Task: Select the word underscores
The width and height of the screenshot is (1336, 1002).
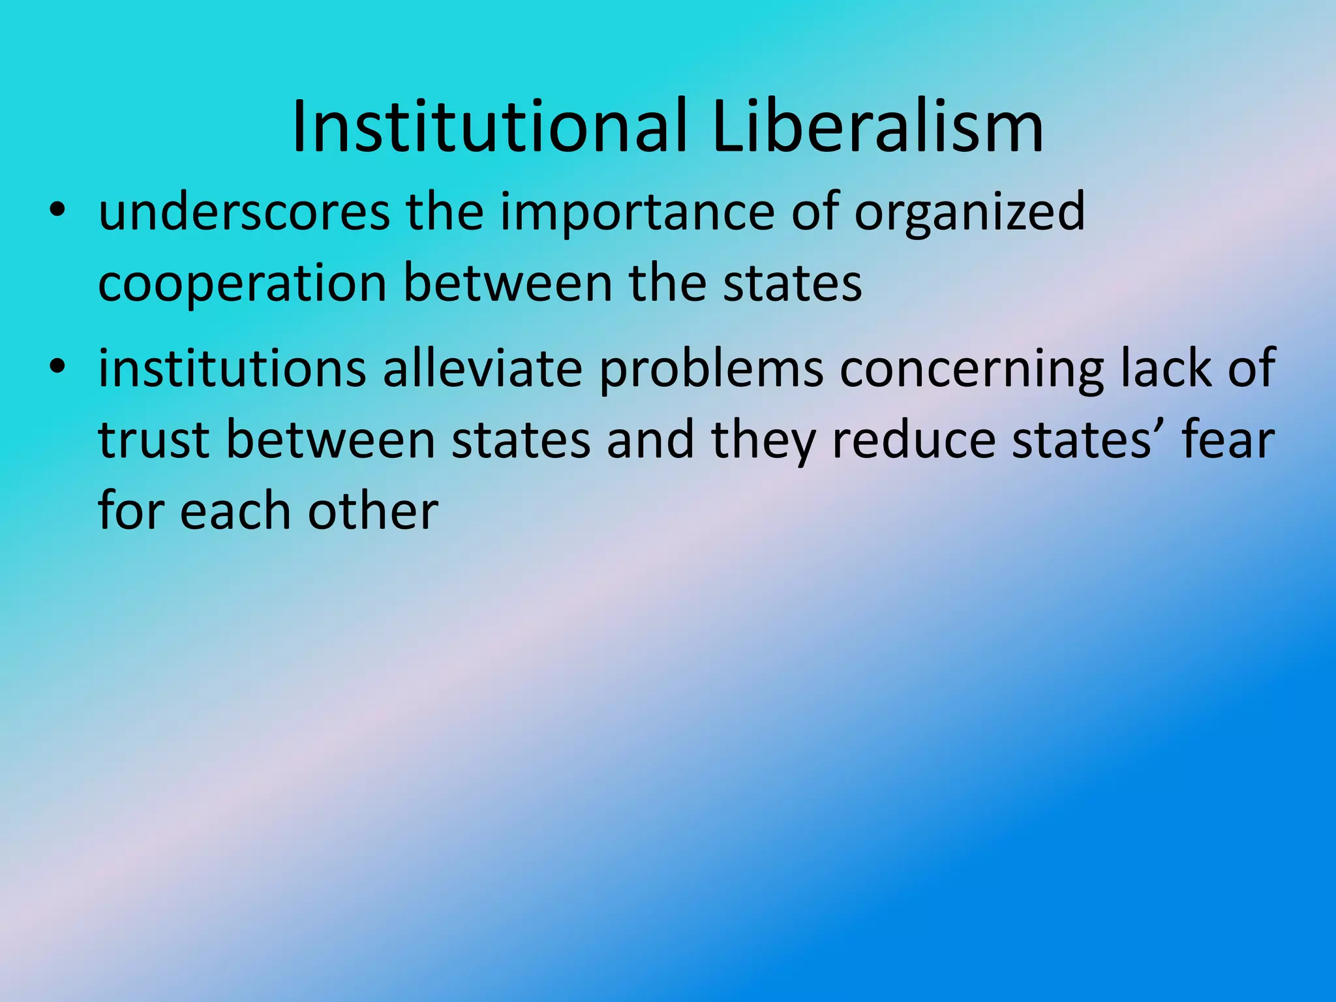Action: (x=244, y=212)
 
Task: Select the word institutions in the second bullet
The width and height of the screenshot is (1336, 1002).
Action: (x=232, y=369)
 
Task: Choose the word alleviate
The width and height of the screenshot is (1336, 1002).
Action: (x=482, y=369)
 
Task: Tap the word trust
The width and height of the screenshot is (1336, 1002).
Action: (x=154, y=440)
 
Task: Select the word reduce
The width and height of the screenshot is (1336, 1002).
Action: (x=913, y=440)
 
